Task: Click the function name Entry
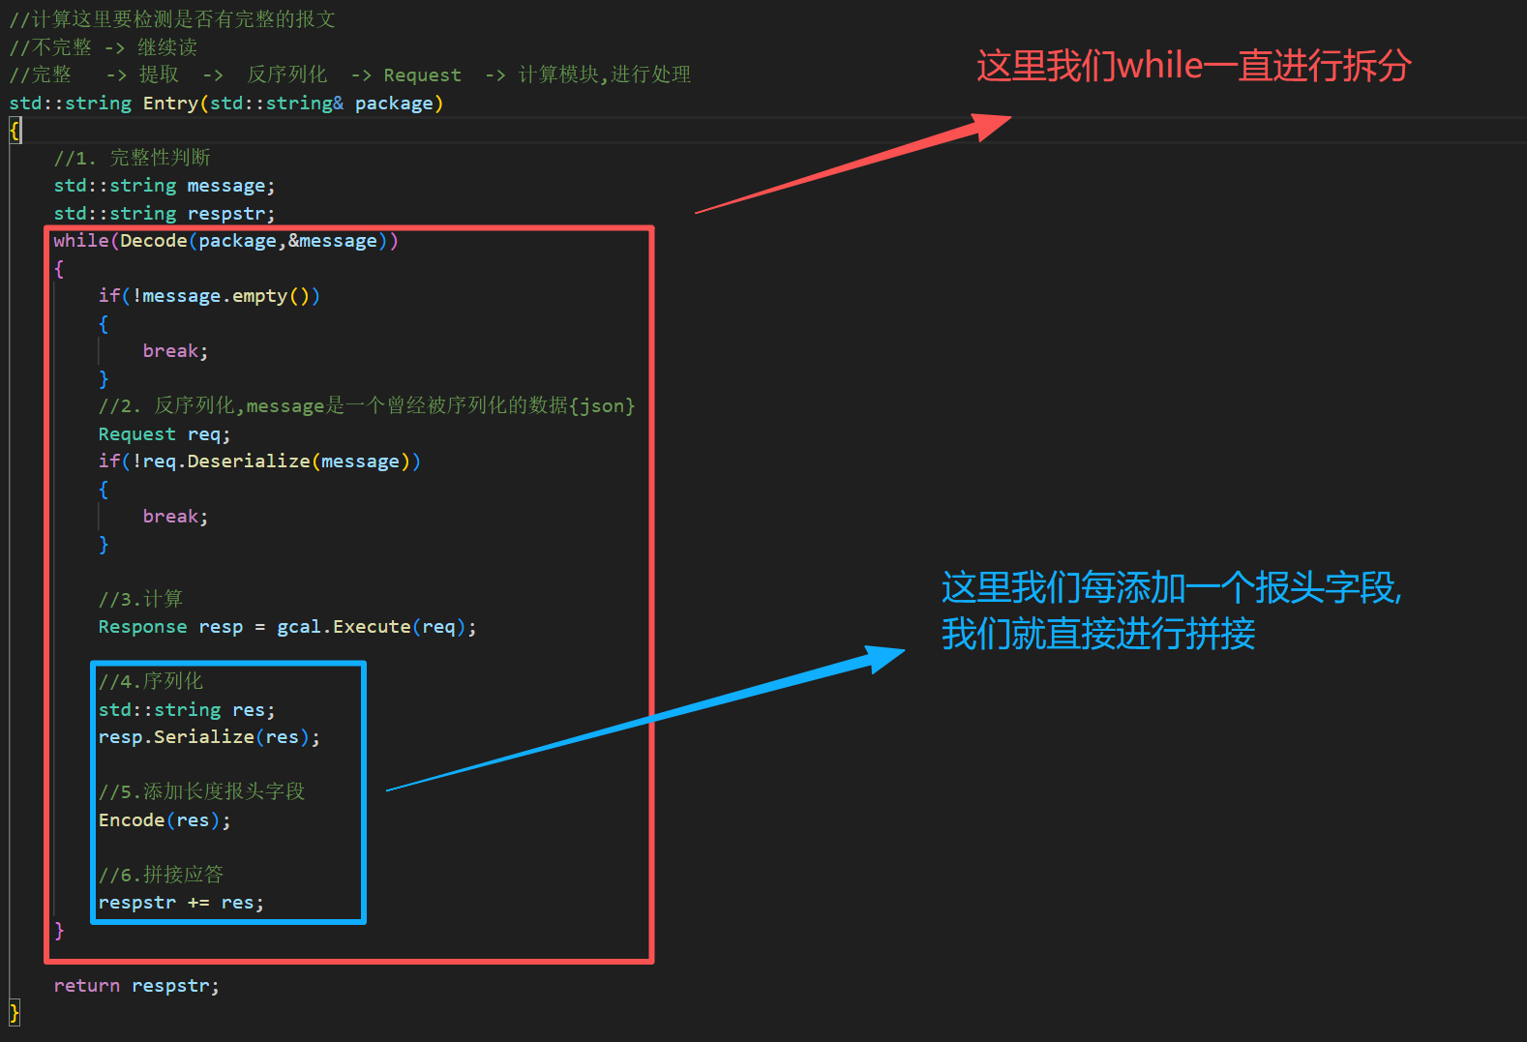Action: (x=170, y=104)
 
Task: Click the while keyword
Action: (x=80, y=241)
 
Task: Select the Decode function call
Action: (x=153, y=241)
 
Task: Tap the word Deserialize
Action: (x=249, y=461)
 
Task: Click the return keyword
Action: (x=86, y=986)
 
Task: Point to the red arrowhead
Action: (x=992, y=125)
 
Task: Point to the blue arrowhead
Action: (x=885, y=657)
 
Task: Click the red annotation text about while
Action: (x=1193, y=66)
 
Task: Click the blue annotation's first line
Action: (x=1171, y=587)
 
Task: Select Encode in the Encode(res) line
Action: (x=132, y=820)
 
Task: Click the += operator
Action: (x=198, y=903)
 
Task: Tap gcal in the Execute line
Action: (x=299, y=627)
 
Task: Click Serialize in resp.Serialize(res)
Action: (x=203, y=737)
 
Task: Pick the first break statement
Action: (x=174, y=351)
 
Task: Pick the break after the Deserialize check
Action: (x=174, y=517)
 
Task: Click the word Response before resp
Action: (x=142, y=627)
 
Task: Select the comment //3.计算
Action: (x=140, y=600)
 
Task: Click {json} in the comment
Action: (x=601, y=406)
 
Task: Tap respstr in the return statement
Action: (x=174, y=986)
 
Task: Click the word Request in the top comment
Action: (x=422, y=75)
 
